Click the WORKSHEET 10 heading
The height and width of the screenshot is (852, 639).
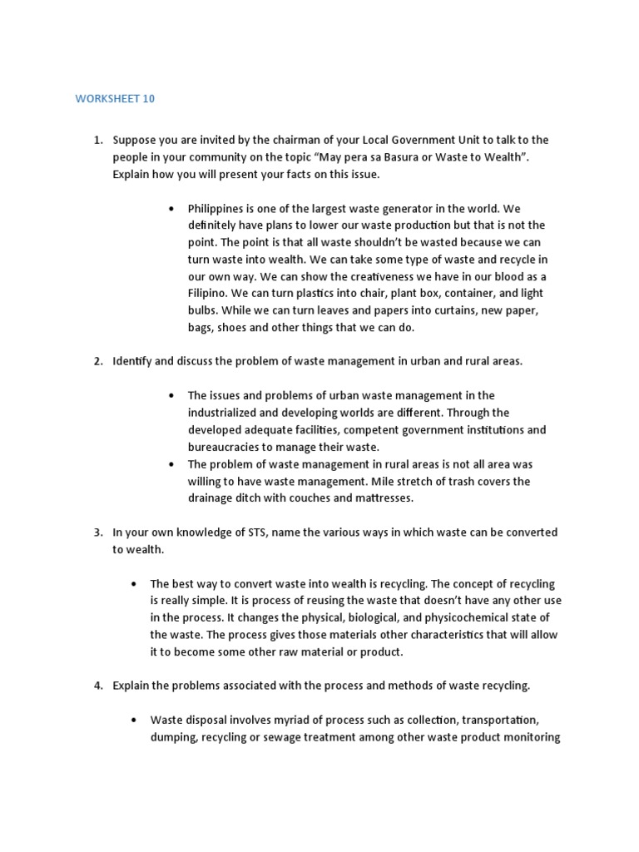115,99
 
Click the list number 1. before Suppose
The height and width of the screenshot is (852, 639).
97,140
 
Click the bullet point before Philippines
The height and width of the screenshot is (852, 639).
171,208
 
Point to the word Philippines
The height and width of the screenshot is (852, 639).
219,208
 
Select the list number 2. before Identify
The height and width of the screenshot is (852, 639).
97,361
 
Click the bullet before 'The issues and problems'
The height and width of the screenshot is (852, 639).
171,396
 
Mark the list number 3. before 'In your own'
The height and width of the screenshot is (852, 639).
97,532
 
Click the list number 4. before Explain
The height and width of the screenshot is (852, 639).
97,686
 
